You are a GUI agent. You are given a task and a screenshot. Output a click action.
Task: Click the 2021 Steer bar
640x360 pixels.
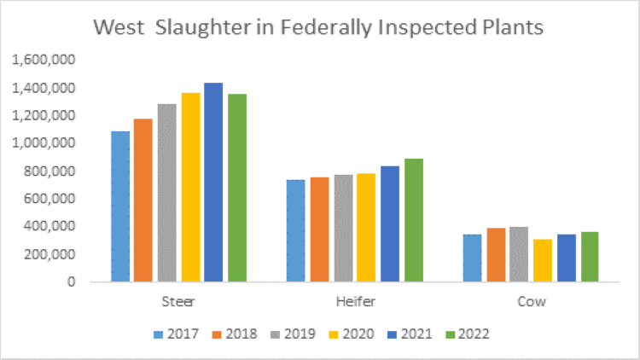(212, 183)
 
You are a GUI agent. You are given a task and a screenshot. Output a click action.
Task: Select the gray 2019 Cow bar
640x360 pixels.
(520, 254)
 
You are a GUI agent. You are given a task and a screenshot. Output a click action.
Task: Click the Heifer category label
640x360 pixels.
(355, 302)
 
